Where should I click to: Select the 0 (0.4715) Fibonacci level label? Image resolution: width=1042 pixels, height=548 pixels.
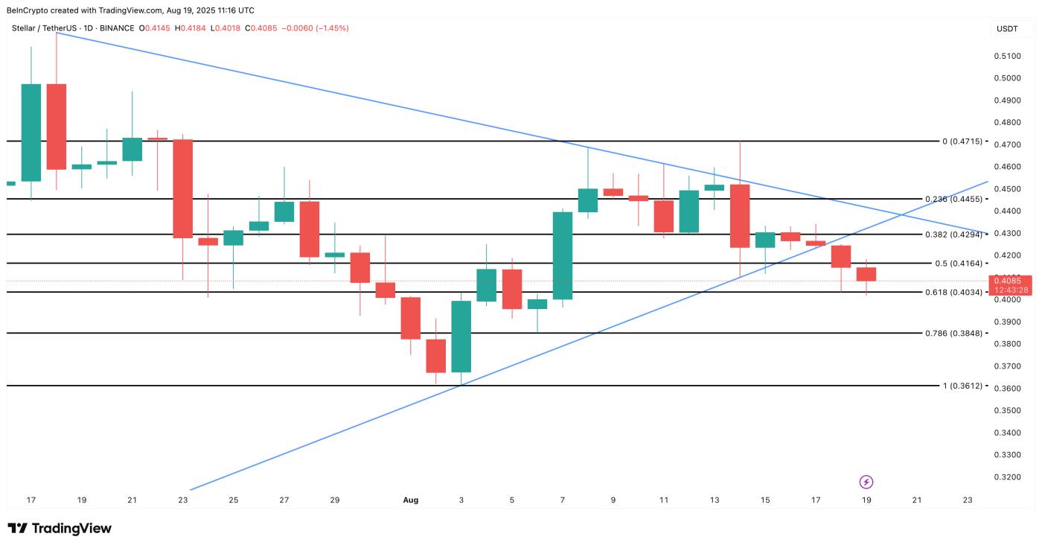pyautogui.click(x=962, y=141)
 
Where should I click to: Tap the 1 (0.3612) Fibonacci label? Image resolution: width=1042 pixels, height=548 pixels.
pyautogui.click(x=962, y=386)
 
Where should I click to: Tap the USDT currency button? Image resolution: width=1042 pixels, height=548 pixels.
pyautogui.click(x=1007, y=29)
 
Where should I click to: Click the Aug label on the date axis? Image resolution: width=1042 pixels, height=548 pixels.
pyautogui.click(x=411, y=500)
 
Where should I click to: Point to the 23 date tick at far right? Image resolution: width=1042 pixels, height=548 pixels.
pyautogui.click(x=967, y=500)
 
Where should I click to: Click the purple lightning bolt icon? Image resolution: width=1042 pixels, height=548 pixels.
pyautogui.click(x=866, y=482)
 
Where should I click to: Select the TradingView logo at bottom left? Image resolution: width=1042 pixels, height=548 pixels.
pyautogui.click(x=60, y=529)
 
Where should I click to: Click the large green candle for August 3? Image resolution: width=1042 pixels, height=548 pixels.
pyautogui.click(x=461, y=337)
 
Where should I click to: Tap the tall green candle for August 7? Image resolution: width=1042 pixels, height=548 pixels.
pyautogui.click(x=563, y=255)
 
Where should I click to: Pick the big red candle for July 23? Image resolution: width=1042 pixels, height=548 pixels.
pyautogui.click(x=183, y=188)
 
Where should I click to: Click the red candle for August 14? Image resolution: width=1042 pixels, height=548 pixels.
pyautogui.click(x=740, y=216)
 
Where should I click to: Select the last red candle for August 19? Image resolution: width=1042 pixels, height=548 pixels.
pyautogui.click(x=866, y=274)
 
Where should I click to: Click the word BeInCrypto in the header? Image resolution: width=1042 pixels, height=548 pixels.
pyautogui.click(x=31, y=10)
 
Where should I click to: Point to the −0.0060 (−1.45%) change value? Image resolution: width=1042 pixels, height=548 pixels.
pyautogui.click(x=318, y=28)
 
